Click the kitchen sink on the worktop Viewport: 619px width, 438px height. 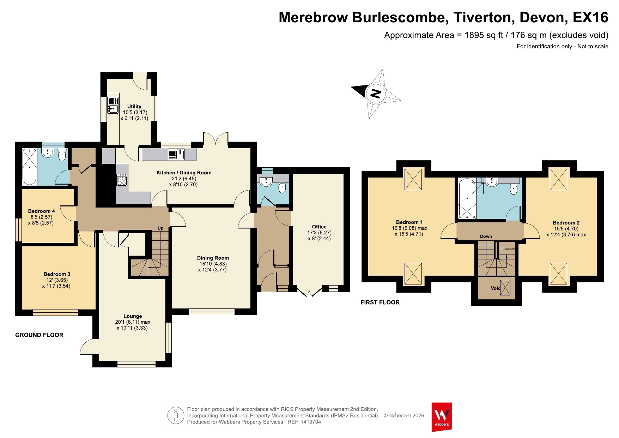pyautogui.click(x=176, y=155)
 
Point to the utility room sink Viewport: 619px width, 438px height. pyautogui.click(x=113, y=105)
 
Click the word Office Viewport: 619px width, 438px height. pyautogui.click(x=319, y=227)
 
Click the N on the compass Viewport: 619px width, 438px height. pyautogui.click(x=376, y=94)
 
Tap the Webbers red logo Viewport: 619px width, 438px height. pyautogui.click(x=442, y=417)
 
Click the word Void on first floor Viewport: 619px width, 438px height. pyautogui.click(x=496, y=288)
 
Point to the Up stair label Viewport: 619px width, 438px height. pyautogui.click(x=160, y=228)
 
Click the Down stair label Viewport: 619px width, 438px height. pyautogui.click(x=486, y=236)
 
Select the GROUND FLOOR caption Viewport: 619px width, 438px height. pyautogui.click(x=39, y=335)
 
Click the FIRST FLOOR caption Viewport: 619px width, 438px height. pyautogui.click(x=380, y=302)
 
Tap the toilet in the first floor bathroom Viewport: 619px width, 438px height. pyautogui.click(x=514, y=188)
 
